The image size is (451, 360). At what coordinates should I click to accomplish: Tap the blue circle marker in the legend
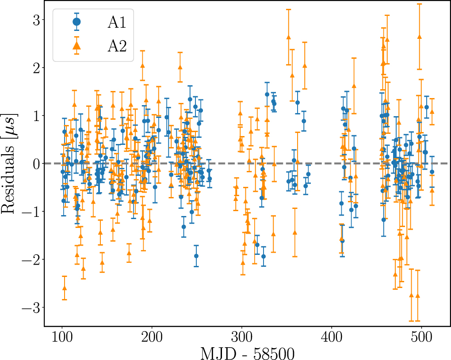coord(76,21)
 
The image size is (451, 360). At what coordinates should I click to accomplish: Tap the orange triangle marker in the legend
coord(76,45)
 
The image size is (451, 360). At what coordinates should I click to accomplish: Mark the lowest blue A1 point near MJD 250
coord(196,256)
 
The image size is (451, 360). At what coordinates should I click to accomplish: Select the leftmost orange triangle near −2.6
coord(65,288)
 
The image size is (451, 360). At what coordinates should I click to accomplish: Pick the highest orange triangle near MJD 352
coord(289,38)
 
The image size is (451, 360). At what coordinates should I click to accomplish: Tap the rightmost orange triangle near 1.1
coord(432,112)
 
